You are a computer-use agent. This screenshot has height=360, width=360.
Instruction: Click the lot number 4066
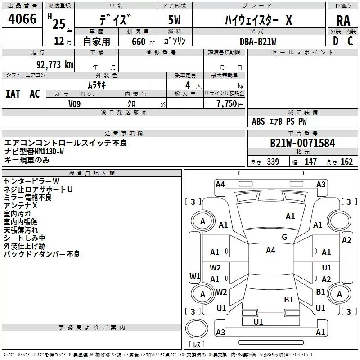(x=22, y=19)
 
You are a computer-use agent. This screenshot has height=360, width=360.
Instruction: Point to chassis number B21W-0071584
(x=302, y=143)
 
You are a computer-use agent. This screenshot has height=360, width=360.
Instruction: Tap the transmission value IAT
(x=13, y=94)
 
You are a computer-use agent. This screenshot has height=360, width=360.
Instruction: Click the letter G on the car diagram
(x=284, y=237)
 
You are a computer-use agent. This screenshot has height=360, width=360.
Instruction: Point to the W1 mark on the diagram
(x=195, y=276)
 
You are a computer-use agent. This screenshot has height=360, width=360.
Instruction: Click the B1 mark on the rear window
(x=288, y=299)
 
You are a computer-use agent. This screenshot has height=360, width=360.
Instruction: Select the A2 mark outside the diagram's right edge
(x=346, y=240)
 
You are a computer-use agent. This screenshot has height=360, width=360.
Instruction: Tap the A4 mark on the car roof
(x=270, y=251)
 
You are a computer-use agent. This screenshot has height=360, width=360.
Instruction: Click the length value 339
(x=273, y=162)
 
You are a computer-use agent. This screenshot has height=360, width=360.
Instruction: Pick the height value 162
(x=346, y=162)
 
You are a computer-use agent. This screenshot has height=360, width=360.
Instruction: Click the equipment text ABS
(x=258, y=121)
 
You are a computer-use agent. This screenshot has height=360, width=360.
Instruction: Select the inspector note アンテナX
(x=20, y=206)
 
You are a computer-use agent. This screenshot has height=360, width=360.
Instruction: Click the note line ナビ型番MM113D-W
(x=34, y=152)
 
